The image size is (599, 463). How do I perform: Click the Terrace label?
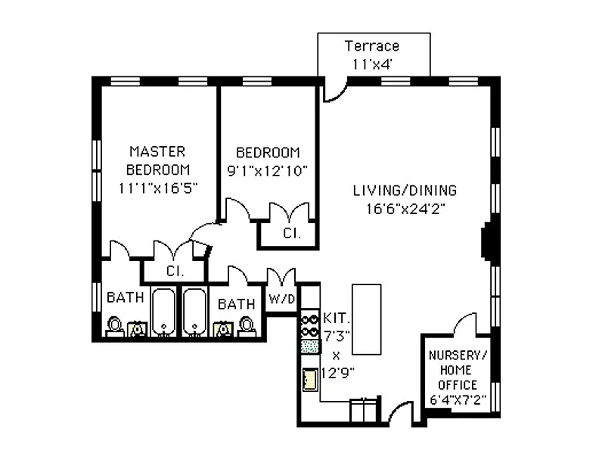(371, 46)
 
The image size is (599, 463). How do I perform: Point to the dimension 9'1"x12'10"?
(267, 170)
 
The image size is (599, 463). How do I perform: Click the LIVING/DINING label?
(405, 191)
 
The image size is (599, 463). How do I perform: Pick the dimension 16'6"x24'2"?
(405, 210)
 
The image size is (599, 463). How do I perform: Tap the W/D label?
(282, 299)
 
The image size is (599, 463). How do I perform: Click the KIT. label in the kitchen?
(337, 317)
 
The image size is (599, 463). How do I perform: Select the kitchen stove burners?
(309, 325)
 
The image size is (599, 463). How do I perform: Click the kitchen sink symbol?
(309, 378)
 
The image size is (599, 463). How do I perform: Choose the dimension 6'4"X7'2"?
(459, 399)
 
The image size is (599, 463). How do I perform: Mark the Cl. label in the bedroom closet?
(291, 234)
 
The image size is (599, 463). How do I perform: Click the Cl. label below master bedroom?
(175, 270)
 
